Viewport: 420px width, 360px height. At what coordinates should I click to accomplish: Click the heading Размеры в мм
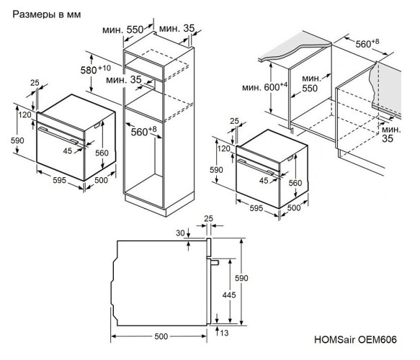[42, 14]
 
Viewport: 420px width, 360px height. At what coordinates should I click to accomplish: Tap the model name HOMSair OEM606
[354, 337]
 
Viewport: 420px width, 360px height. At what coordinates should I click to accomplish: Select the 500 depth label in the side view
[161, 336]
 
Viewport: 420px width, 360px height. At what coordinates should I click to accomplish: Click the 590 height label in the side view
[248, 276]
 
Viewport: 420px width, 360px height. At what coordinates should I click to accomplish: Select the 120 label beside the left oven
[24, 114]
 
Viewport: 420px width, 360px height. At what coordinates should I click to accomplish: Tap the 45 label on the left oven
[68, 150]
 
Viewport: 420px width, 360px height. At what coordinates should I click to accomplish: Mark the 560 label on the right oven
[297, 183]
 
